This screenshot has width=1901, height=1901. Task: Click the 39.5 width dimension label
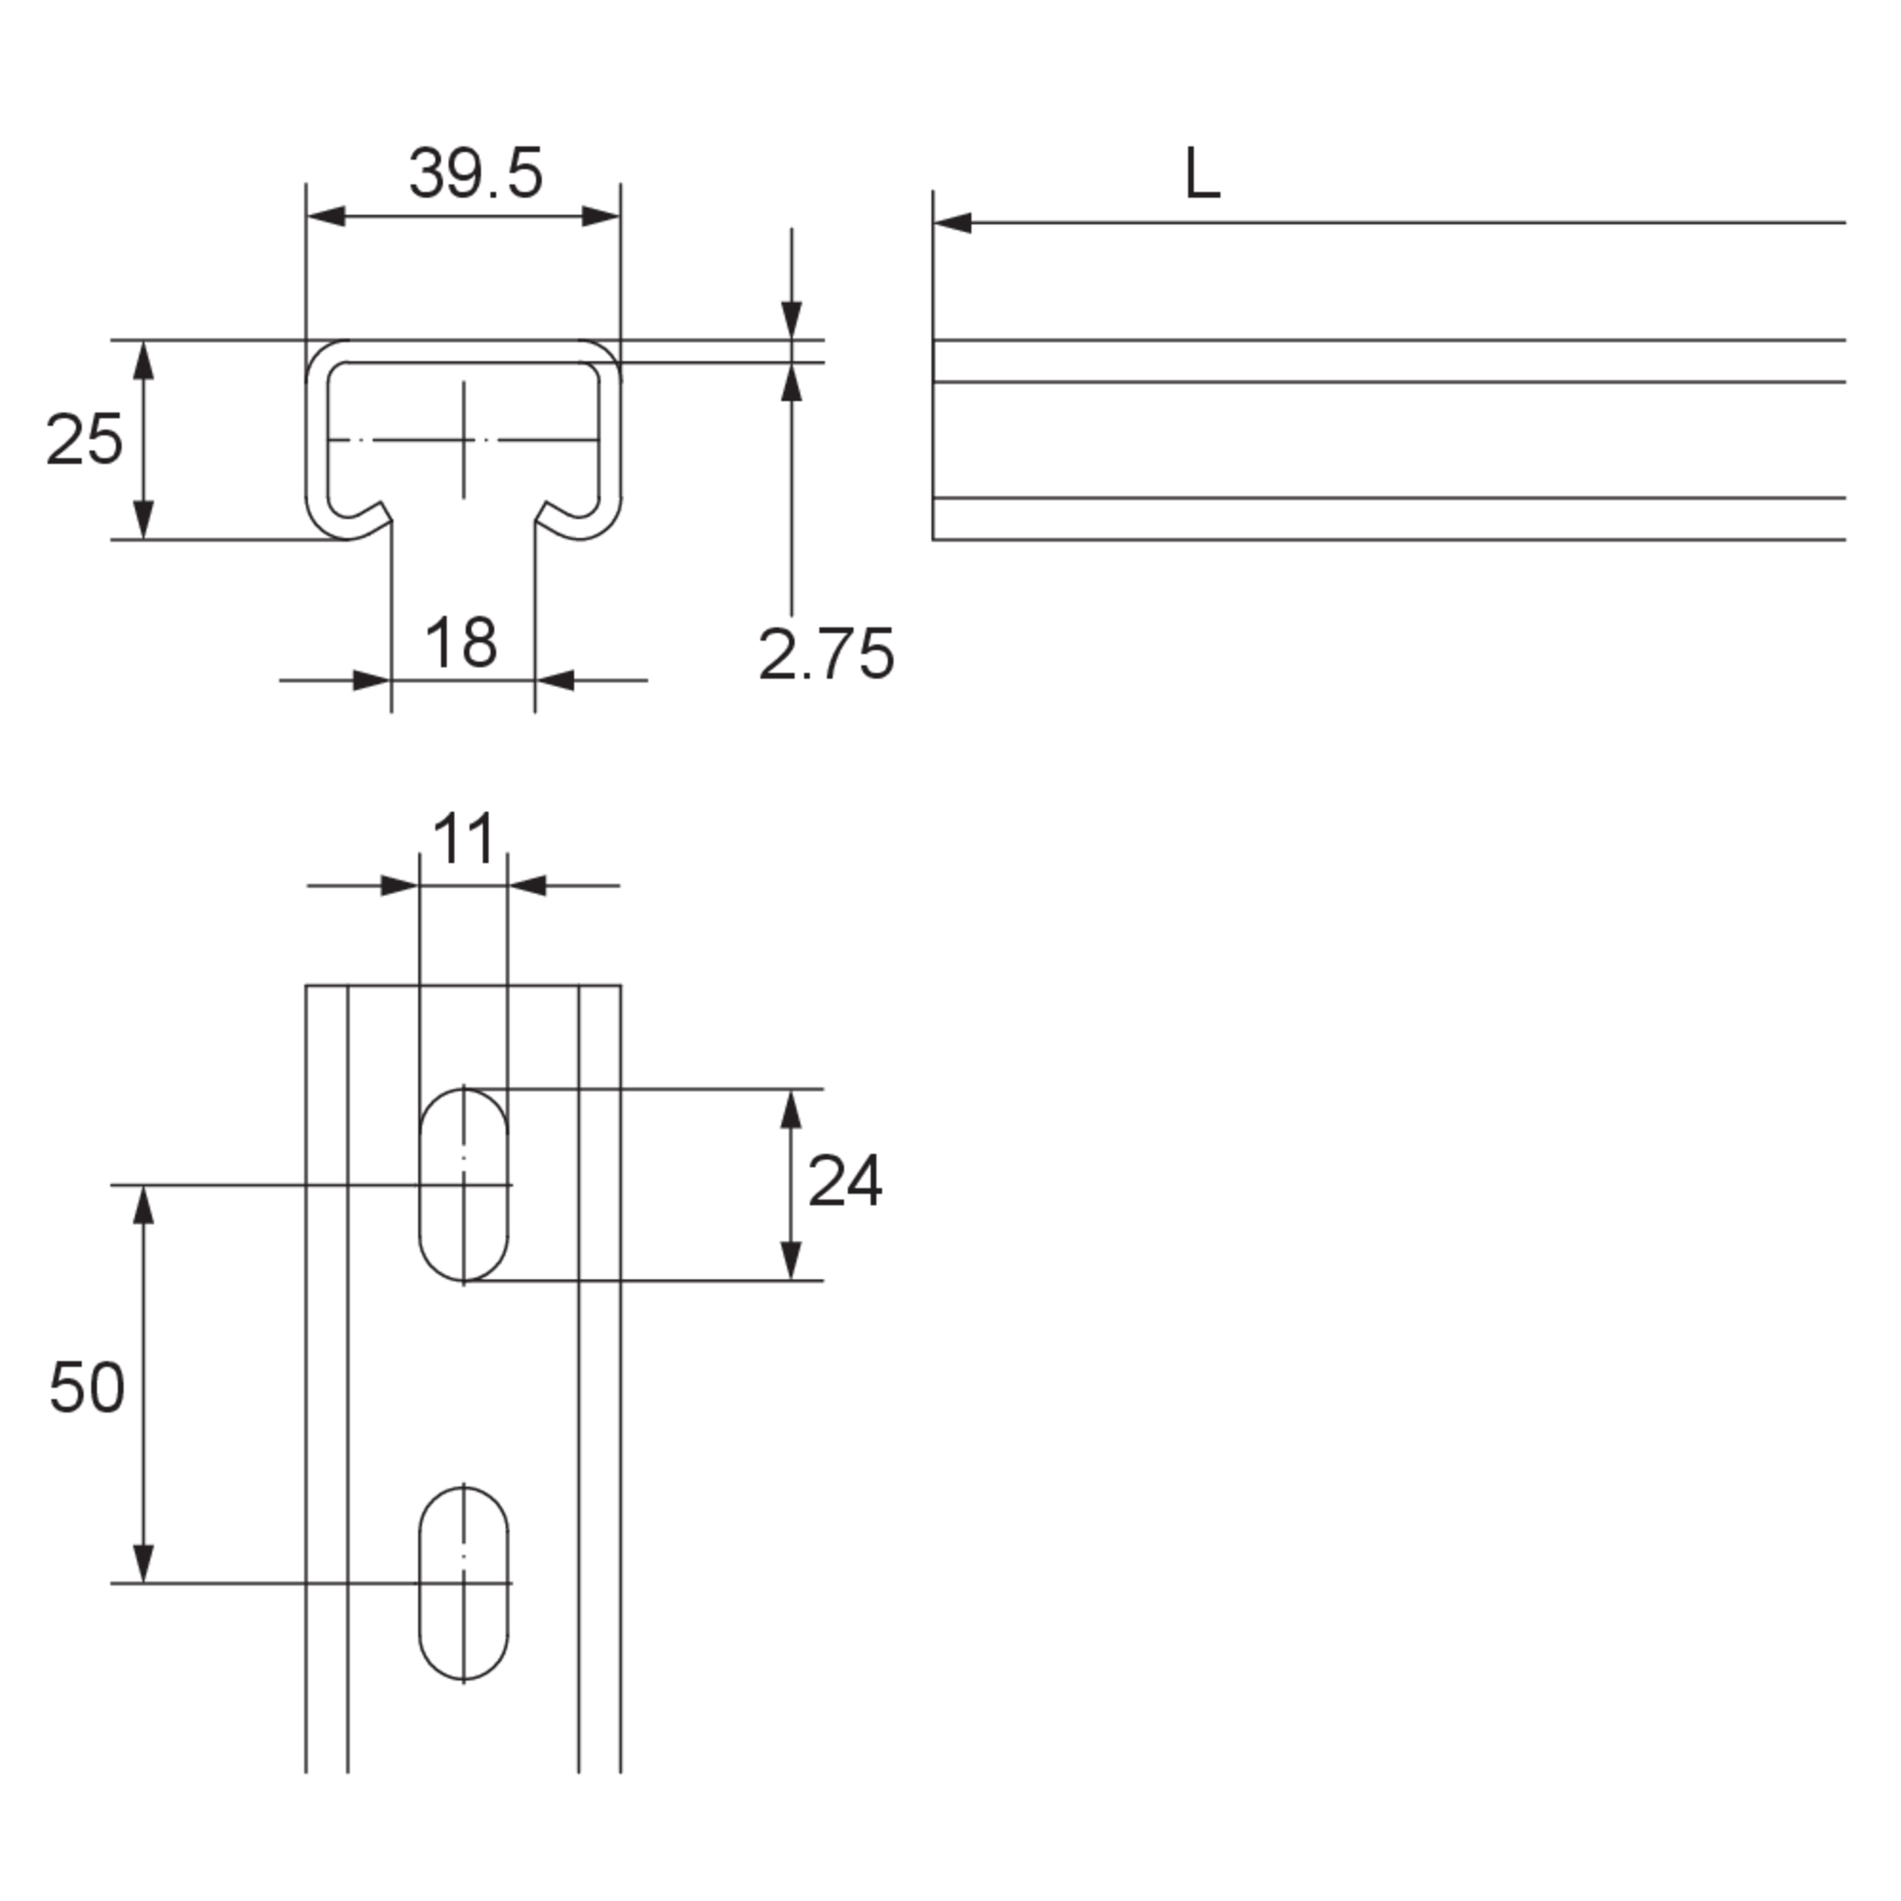coord(475,174)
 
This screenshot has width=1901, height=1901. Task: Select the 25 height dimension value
coord(84,440)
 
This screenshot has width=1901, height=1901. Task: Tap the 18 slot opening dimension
coord(460,642)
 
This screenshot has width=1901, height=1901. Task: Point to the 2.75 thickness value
coord(826,654)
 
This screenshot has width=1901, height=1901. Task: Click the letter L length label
coord(1202,174)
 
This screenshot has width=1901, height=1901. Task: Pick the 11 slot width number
coord(464,839)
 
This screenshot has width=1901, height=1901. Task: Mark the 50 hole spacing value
coord(86,1389)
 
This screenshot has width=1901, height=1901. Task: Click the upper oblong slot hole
coord(464,1185)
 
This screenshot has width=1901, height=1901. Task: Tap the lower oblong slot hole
coord(464,1583)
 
